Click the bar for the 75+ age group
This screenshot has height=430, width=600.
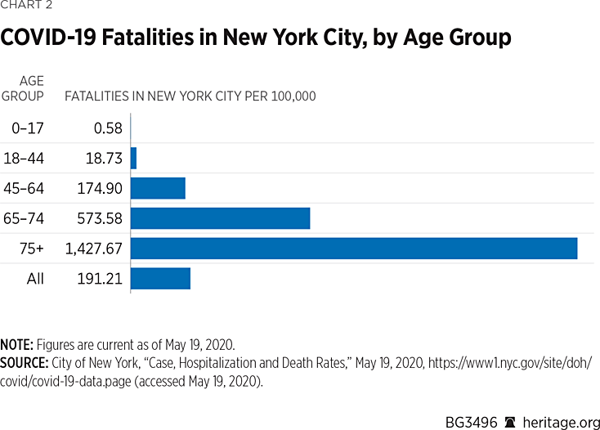coord(354,249)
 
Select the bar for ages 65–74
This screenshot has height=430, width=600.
coord(220,218)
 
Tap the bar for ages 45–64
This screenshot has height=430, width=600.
coord(158,188)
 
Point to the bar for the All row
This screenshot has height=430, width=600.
coord(160,279)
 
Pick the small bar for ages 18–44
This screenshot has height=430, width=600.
coord(133,158)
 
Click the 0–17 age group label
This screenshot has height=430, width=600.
coord(29,128)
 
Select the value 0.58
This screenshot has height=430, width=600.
coord(108,128)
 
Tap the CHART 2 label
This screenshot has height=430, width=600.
coord(28,7)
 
